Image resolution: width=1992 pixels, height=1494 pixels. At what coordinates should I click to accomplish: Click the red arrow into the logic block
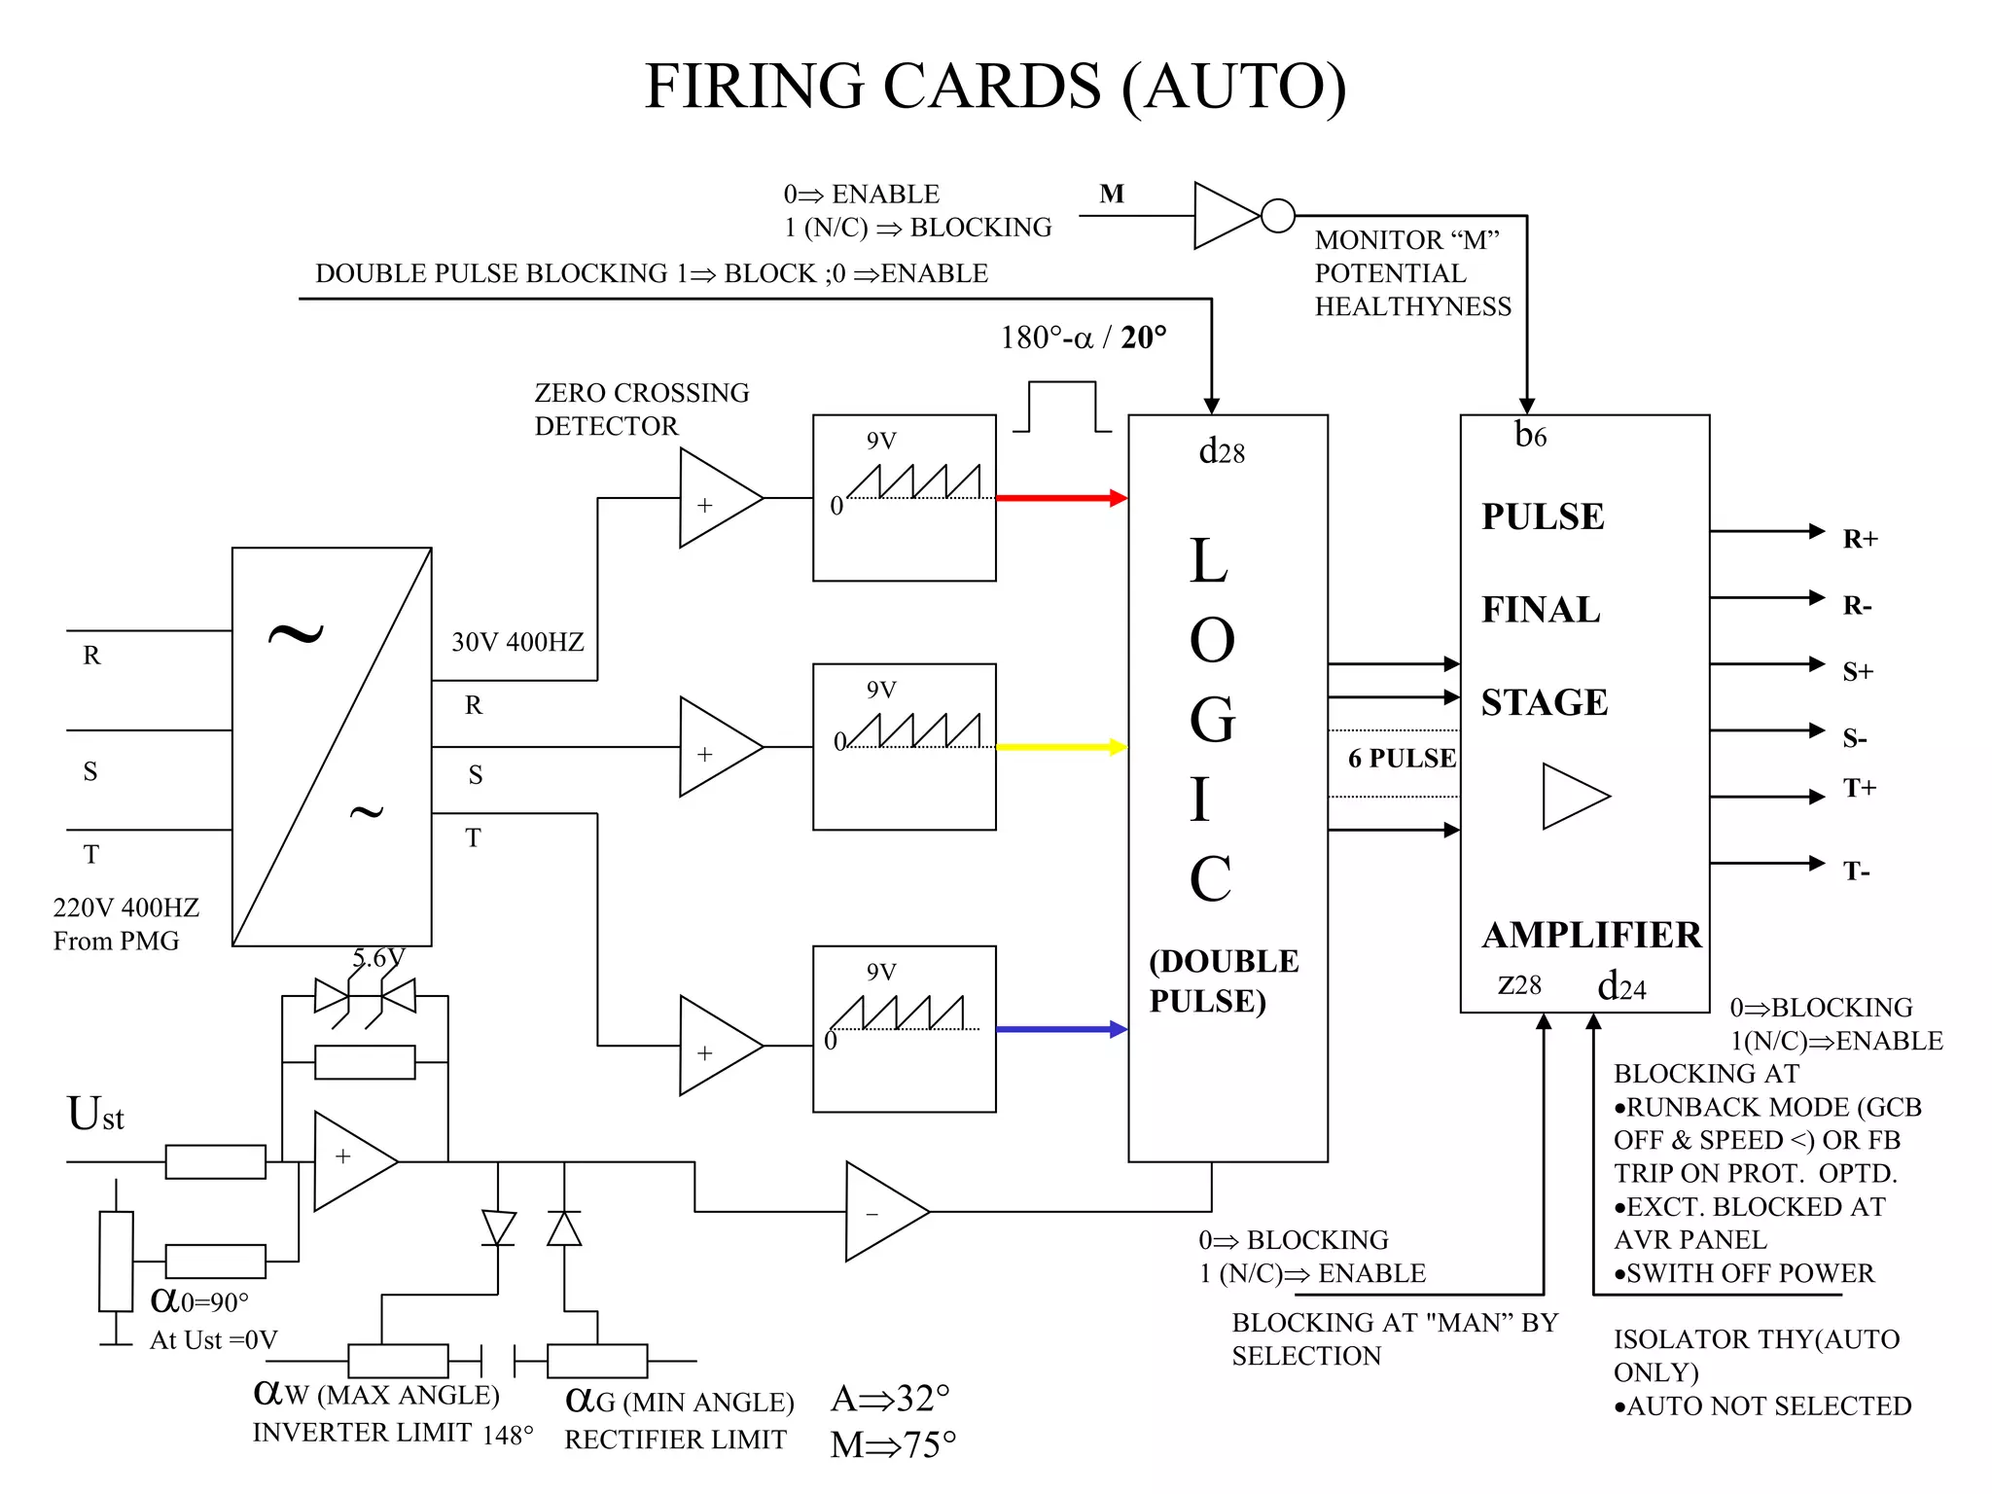[x=1061, y=498]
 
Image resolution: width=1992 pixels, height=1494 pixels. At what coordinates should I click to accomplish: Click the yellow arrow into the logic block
[x=1061, y=747]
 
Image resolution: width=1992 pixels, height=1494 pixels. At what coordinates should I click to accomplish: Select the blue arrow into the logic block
[x=1061, y=1029]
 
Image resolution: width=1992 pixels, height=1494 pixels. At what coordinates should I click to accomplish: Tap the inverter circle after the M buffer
[x=1277, y=215]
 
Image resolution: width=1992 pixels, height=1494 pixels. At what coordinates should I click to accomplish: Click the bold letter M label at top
[x=1112, y=195]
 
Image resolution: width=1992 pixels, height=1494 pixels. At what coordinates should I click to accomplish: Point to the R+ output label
[x=1860, y=539]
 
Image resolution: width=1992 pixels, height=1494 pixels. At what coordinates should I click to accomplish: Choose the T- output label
[x=1856, y=871]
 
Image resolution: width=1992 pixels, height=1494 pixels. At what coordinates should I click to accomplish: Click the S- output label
[x=1855, y=739]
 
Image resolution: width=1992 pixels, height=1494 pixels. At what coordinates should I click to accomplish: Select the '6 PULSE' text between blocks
[x=1402, y=759]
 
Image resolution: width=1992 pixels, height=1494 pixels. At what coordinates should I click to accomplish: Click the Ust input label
[x=95, y=1115]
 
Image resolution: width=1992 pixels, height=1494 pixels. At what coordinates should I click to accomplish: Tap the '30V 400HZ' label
[x=517, y=642]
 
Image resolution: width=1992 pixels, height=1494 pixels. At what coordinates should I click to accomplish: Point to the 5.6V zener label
[x=378, y=958]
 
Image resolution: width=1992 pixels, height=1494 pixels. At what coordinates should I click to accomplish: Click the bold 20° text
[x=1144, y=338]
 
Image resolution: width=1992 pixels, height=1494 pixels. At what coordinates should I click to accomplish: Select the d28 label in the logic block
[x=1222, y=452]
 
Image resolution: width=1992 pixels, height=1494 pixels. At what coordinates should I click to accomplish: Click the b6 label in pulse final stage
[x=1530, y=436]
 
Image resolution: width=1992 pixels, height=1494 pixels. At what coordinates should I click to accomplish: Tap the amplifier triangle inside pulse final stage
[x=1571, y=797]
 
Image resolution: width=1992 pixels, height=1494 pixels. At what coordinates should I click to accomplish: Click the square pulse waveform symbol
[x=1062, y=407]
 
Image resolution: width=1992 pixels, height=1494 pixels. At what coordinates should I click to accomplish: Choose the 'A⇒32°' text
[x=890, y=1399]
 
